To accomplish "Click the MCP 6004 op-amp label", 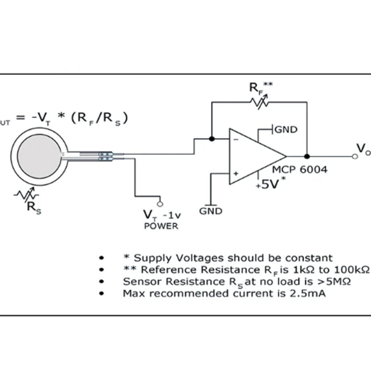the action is [300, 170].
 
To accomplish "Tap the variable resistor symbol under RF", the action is [260, 102].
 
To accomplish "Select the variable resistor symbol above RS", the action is [26, 194].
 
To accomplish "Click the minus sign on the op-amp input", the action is [236, 140].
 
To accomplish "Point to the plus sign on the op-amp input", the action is [236, 174].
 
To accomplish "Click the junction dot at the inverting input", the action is [212, 139].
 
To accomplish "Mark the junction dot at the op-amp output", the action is [307, 156].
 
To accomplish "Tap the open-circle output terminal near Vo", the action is [355, 156].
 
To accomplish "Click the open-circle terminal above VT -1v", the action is [160, 204].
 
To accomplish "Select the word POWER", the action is [161, 226].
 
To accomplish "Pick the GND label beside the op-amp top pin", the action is [286, 130].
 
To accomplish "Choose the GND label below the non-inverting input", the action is [211, 211].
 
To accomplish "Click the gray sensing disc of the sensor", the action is [39, 156].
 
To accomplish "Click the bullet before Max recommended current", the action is [102, 294].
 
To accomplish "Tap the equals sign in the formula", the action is [21, 118].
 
